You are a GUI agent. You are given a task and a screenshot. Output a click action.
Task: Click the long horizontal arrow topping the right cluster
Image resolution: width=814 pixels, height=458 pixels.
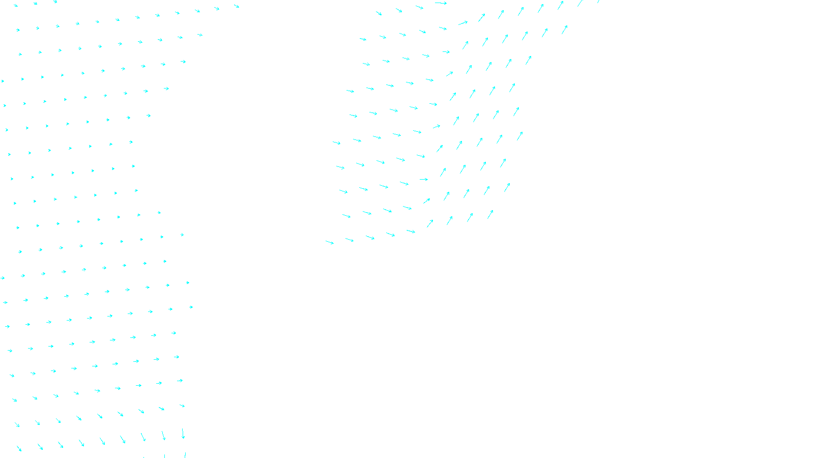pos(441,3)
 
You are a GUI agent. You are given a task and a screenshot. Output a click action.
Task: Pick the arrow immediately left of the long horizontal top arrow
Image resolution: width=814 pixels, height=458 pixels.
pos(420,7)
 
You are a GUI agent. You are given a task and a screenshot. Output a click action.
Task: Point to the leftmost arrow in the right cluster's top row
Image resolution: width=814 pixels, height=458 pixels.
pos(379,13)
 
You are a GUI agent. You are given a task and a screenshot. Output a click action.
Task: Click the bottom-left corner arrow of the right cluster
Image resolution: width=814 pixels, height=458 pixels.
pos(330,242)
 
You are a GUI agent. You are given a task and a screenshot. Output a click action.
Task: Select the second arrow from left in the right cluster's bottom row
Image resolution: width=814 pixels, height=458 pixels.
pos(350,240)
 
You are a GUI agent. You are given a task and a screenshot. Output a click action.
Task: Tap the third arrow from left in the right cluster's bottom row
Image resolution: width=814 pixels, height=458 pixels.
pos(370,238)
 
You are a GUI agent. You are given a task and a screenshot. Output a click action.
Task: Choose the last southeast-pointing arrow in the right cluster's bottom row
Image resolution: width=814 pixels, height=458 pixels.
pos(411,232)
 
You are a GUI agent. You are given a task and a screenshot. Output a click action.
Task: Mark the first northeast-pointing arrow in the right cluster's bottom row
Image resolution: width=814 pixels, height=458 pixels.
pos(430,223)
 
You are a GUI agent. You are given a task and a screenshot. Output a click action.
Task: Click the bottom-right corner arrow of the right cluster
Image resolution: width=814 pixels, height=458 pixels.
pos(490,214)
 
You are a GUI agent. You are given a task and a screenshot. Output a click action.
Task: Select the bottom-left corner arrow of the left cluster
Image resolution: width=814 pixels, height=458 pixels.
pos(19,448)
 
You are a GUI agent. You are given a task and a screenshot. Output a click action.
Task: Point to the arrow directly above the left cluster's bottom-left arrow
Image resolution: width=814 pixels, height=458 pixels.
pos(17,424)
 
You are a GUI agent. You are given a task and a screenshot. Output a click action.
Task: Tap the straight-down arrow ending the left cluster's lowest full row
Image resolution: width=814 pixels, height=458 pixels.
pos(183,434)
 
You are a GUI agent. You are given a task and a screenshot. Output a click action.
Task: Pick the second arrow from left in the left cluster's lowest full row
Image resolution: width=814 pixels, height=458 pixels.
pos(40,446)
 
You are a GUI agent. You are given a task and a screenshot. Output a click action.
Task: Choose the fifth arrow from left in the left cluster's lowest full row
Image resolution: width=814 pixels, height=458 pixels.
pos(102,441)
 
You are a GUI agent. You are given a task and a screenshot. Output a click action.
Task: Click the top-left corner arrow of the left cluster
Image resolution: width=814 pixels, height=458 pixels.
pos(16,6)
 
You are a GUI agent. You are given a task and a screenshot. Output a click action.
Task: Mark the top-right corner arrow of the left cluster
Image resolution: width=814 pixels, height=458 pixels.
pos(237,6)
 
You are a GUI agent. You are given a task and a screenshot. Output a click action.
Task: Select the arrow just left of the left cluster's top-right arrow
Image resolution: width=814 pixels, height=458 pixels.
pos(217,8)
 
